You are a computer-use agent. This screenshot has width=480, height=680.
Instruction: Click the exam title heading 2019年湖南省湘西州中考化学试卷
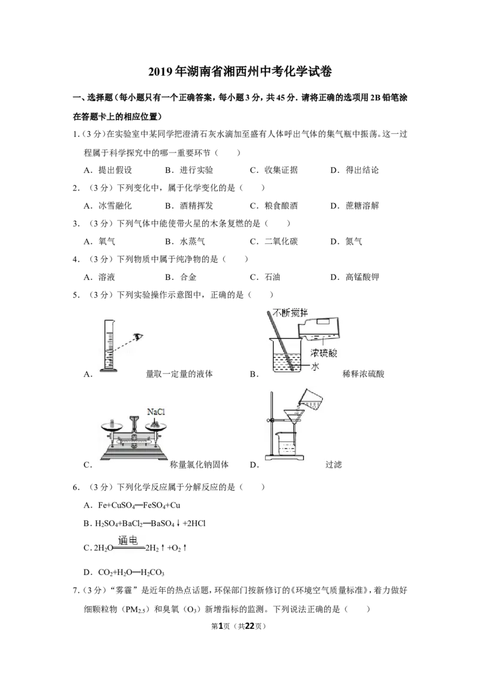point(240,71)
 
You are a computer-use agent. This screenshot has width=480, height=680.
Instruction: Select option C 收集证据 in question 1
point(274,170)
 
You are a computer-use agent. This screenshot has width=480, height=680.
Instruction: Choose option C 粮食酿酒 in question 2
point(274,205)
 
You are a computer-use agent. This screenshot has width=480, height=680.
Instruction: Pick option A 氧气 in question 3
point(100,241)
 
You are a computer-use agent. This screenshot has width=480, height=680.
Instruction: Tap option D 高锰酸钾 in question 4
point(355,277)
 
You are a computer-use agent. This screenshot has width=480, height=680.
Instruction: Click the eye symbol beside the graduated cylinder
point(138,336)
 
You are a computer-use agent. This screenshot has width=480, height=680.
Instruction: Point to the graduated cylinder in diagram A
point(109,345)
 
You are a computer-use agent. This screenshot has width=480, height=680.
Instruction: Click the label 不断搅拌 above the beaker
point(290,312)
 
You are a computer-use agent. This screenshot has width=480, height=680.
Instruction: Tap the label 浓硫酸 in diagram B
point(323,353)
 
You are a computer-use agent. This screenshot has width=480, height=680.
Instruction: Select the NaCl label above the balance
point(156,411)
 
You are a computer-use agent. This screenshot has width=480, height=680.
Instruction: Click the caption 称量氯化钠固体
point(199,464)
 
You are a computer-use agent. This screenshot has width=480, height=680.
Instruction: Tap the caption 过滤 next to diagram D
point(334,464)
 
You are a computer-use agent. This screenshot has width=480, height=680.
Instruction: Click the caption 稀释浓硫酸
point(363,374)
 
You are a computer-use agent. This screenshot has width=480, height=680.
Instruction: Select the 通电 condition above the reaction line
point(128,540)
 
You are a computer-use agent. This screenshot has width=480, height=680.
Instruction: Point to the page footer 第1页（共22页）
point(238,626)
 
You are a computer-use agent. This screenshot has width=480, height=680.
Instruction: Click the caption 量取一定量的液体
point(179,374)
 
